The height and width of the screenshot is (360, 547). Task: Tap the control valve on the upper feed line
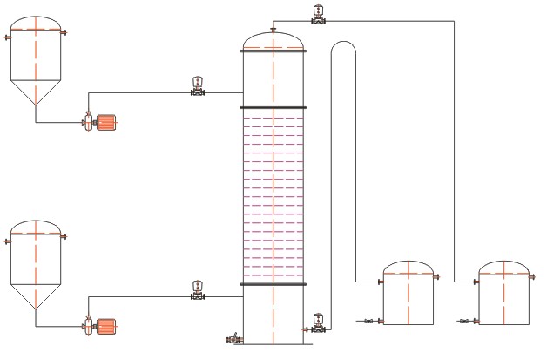pyautogui.click(x=198, y=88)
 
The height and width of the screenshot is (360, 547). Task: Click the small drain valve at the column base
pyautogui.click(x=233, y=337)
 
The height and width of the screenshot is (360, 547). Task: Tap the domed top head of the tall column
pyautogui.click(x=273, y=40)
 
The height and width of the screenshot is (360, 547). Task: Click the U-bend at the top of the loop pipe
pyautogui.click(x=343, y=48)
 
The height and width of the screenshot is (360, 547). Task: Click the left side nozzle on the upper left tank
pyautogui.click(x=7, y=37)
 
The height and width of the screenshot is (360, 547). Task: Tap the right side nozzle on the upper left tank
pyautogui.click(x=64, y=32)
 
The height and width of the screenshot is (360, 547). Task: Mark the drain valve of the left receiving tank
pyautogui.click(x=369, y=323)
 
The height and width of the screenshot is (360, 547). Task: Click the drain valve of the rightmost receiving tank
pyautogui.click(x=464, y=323)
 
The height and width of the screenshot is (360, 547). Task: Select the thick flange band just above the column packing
pyautogui.click(x=273, y=108)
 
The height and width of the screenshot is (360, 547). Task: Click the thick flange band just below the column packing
pyautogui.click(x=273, y=284)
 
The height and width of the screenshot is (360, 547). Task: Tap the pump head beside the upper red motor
pyautogui.click(x=89, y=123)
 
